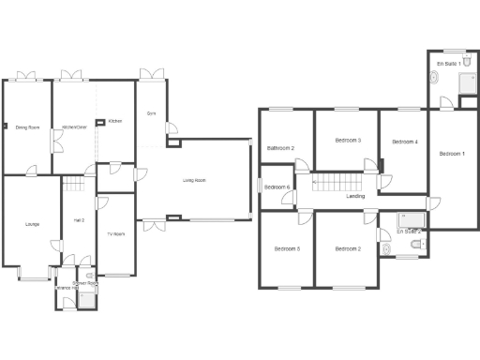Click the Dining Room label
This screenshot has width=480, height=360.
pos(27,127)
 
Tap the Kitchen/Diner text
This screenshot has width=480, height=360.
pos(75,127)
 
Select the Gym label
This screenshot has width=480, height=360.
pos(151,113)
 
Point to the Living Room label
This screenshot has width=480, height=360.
pos(194,181)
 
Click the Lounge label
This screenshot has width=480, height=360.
pos(32,224)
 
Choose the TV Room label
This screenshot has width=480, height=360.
pos(115,233)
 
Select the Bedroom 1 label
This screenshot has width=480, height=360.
pos(452,154)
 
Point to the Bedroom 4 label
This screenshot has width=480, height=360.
pos(404,142)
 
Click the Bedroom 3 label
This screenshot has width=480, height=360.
pos(348,141)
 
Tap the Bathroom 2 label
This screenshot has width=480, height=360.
pos(280,148)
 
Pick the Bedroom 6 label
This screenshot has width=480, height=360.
pos(277,187)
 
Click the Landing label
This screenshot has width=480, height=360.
pos(355,197)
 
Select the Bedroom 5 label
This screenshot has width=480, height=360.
pos(287,248)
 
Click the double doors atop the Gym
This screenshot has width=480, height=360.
pos(152,74)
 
